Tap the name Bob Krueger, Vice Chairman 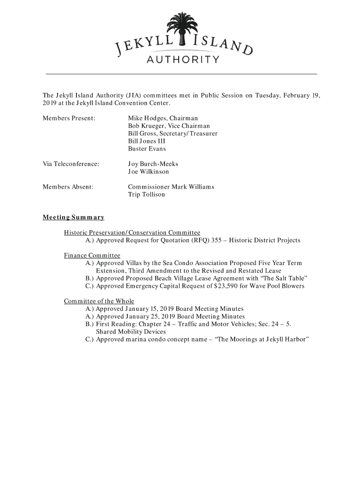pyautogui.click(x=169, y=126)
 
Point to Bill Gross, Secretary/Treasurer pyautogui.click(x=173, y=133)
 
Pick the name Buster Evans pyautogui.click(x=147, y=149)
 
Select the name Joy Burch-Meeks pyautogui.click(x=153, y=164)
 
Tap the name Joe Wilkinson pyautogui.click(x=148, y=172)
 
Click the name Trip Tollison pyautogui.click(x=147, y=195)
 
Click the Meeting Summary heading pyautogui.click(x=74, y=218)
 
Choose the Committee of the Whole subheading pyautogui.click(x=99, y=301)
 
